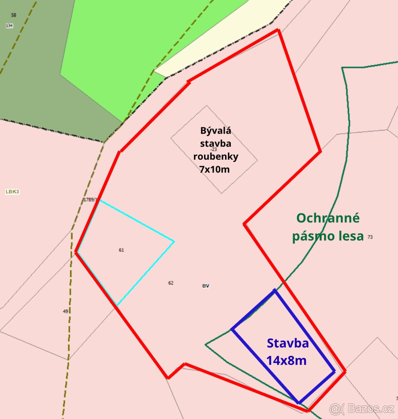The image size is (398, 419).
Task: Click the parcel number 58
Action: tap(14, 15)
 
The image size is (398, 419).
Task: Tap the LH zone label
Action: tap(9, 25)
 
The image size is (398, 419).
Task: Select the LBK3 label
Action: tap(12, 192)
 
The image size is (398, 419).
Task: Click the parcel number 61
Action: tap(121, 250)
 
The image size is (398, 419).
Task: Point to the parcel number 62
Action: tap(171, 283)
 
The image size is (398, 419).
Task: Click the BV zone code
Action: tap(206, 286)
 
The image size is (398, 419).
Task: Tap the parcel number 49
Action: tap(65, 311)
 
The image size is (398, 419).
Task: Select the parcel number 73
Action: tap(370, 237)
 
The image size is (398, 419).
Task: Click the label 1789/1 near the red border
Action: tap(89, 200)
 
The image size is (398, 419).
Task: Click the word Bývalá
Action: tap(216, 131)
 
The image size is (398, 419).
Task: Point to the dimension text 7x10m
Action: tap(214, 169)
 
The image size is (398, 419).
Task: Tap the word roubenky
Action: tap(216, 156)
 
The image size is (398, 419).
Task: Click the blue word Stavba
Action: tap(288, 343)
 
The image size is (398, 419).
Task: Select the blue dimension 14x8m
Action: tap(286, 360)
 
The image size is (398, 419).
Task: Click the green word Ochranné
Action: tap(328, 218)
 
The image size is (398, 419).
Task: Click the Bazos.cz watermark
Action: tap(362, 408)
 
